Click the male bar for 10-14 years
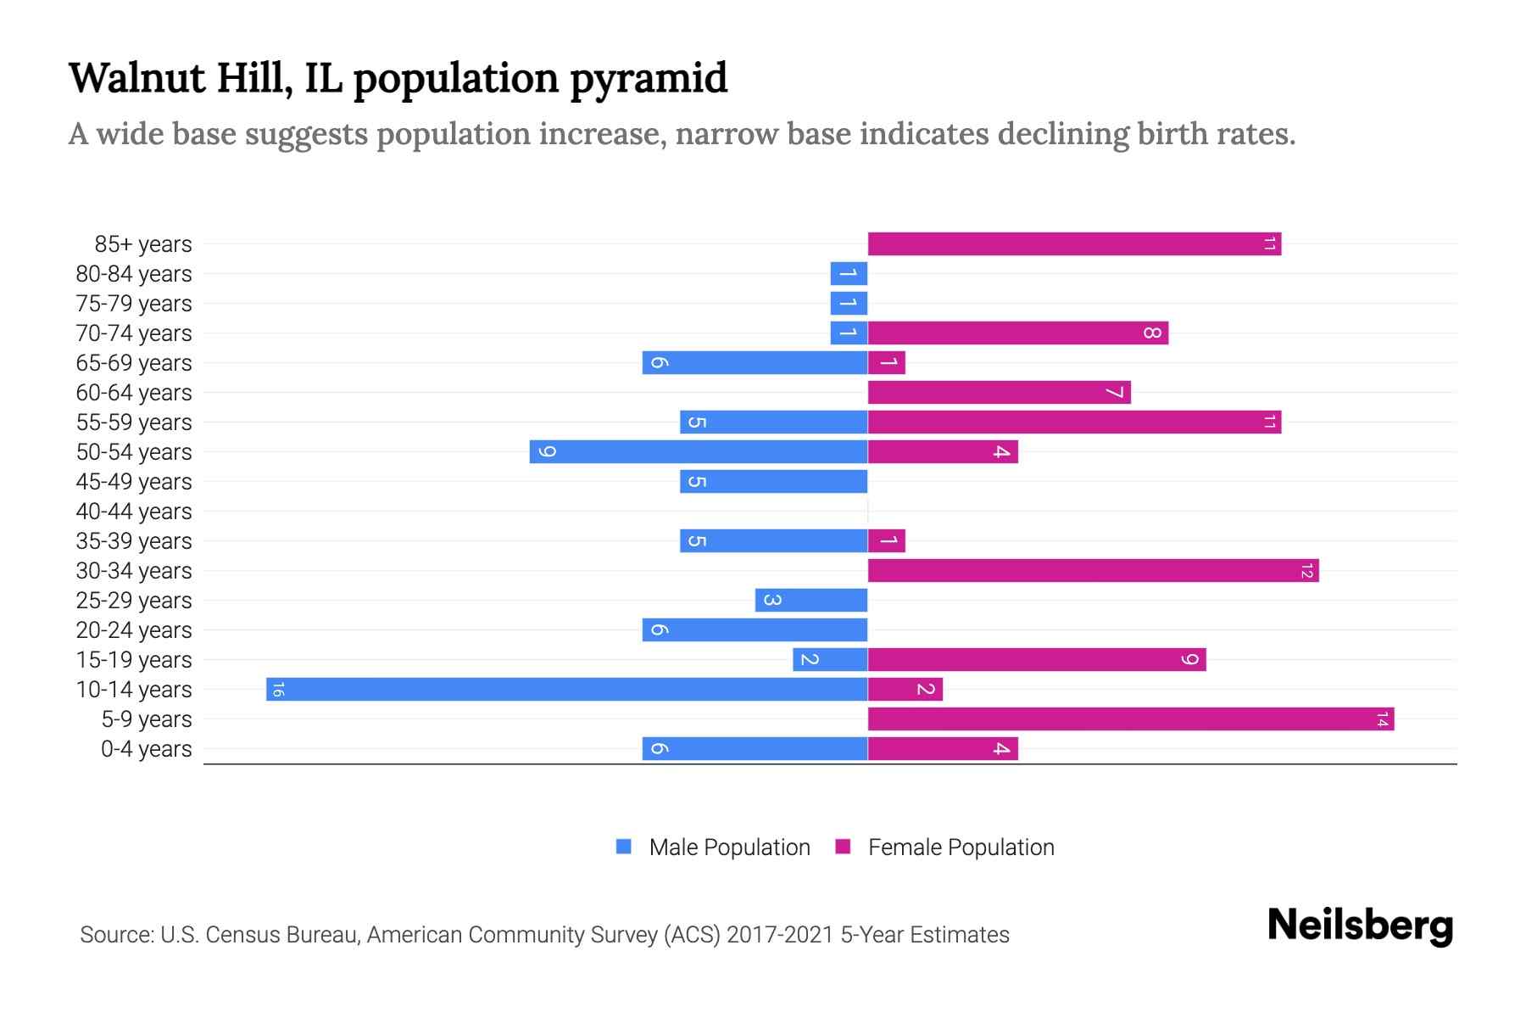[x=566, y=689]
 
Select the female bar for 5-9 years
[x=1130, y=719]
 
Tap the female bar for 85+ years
[x=1073, y=243]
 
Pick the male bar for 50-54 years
[x=698, y=451]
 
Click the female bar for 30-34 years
[x=1093, y=570]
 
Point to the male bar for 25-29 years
[x=810, y=600]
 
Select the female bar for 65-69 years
[x=887, y=362]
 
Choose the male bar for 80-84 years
[x=849, y=273]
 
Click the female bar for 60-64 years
[x=999, y=392]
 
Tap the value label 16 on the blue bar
[x=278, y=689]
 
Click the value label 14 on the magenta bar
[x=1382, y=719]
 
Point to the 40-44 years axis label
[x=134, y=512]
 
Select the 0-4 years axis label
[x=146, y=749]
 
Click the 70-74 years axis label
[x=134, y=333]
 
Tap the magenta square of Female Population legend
[x=843, y=847]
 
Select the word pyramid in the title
[x=648, y=78]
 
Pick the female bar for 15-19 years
[x=1036, y=659]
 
